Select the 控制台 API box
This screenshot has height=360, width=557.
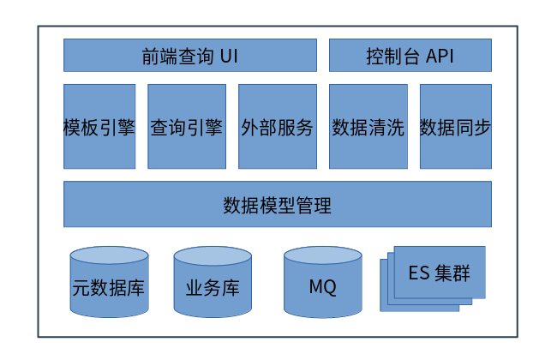(x=410, y=56)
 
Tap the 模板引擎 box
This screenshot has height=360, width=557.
(x=99, y=127)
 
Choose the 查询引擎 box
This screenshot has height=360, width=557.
(x=187, y=127)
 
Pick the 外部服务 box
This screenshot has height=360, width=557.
(x=277, y=127)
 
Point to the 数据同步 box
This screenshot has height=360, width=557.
(x=455, y=127)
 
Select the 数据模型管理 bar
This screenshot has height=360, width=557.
(x=277, y=205)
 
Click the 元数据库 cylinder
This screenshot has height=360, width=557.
(x=109, y=285)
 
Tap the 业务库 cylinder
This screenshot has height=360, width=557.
(x=213, y=285)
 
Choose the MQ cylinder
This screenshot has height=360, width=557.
(x=322, y=285)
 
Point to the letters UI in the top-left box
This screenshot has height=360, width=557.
(x=229, y=57)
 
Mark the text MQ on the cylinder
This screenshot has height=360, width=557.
(x=322, y=286)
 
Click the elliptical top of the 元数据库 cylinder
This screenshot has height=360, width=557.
(x=109, y=255)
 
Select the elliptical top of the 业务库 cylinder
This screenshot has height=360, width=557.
(x=213, y=255)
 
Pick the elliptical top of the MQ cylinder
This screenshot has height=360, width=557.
(x=322, y=255)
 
